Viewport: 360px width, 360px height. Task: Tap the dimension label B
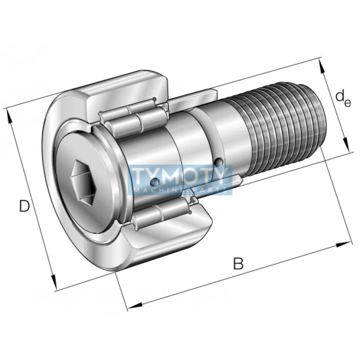(x=238, y=263)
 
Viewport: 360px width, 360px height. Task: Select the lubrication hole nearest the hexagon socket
(x=155, y=182)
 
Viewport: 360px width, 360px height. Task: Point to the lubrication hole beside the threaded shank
(x=219, y=162)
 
